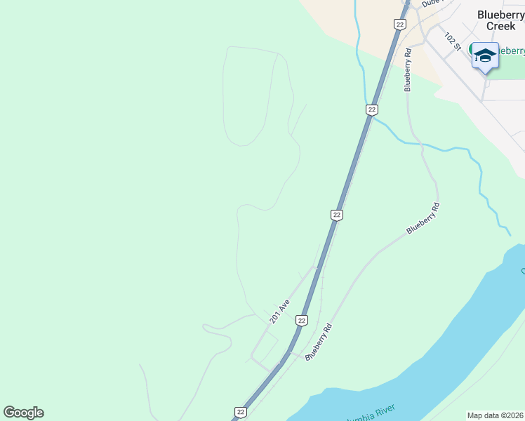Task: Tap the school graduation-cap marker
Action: (x=485, y=55)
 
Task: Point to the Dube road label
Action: (x=430, y=3)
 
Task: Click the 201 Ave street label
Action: (x=279, y=312)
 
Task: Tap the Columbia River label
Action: (x=371, y=413)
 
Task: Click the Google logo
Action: (x=23, y=413)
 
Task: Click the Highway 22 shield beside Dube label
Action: (x=399, y=24)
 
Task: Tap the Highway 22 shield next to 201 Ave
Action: (x=302, y=320)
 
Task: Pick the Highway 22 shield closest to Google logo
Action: (x=241, y=412)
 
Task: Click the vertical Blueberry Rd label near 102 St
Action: (x=407, y=69)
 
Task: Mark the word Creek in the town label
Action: (x=501, y=26)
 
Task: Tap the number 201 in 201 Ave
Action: (x=275, y=316)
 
